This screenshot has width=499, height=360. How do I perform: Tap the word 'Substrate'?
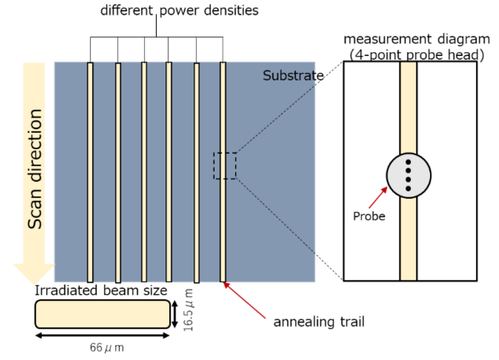[x=293, y=76]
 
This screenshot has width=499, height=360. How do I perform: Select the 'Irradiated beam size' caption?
[x=101, y=291]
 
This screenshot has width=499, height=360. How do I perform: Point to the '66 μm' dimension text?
[x=104, y=347]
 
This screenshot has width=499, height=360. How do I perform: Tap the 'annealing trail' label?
[x=319, y=322]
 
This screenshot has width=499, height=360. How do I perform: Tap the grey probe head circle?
[x=409, y=175]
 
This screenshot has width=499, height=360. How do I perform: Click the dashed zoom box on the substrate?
[x=225, y=165]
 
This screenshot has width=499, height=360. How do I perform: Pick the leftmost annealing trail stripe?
[x=90, y=172]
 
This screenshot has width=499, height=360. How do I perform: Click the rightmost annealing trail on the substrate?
[x=223, y=130]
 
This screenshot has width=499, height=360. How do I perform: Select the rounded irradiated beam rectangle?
[x=102, y=314]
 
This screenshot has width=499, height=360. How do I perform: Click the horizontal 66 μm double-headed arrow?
[x=102, y=335]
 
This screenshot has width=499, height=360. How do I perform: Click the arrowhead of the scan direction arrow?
[x=34, y=272]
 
